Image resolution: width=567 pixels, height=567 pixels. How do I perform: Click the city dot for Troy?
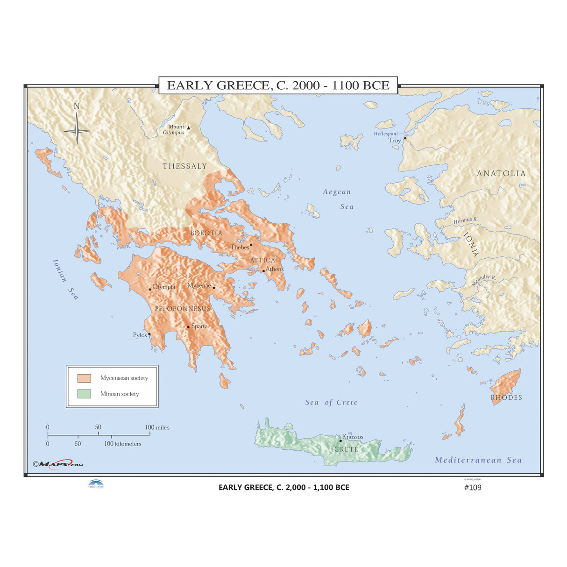[x=405, y=138]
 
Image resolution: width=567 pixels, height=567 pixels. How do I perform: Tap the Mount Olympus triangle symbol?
[x=188, y=127]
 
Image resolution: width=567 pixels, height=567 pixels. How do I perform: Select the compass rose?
[x=77, y=129]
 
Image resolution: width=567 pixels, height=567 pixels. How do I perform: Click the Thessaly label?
[x=184, y=166]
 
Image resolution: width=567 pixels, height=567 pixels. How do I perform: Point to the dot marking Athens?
[x=263, y=271]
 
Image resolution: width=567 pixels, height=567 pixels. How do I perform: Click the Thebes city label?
[x=239, y=247]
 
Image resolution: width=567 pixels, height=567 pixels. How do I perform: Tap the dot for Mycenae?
[x=214, y=288]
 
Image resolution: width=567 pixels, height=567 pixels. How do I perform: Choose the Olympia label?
[x=164, y=287]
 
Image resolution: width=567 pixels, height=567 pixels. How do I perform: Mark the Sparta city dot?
[x=188, y=327]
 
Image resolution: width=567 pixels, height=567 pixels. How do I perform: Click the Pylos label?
[x=140, y=335]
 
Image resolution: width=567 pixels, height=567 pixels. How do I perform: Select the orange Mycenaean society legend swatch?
[x=84, y=378]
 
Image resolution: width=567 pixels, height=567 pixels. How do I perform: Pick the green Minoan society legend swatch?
[x=84, y=394]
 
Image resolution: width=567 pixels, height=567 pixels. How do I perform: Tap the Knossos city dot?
[x=340, y=440]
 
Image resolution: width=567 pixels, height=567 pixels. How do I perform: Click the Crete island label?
[x=346, y=449]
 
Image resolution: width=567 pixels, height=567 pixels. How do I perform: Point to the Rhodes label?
[x=506, y=397]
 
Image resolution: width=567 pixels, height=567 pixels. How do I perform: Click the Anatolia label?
[x=501, y=173]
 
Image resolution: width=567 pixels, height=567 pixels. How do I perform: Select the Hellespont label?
[x=386, y=134]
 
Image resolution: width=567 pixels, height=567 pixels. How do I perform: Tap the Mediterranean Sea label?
[x=478, y=460]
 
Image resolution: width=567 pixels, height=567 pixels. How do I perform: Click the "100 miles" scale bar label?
[x=157, y=427]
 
